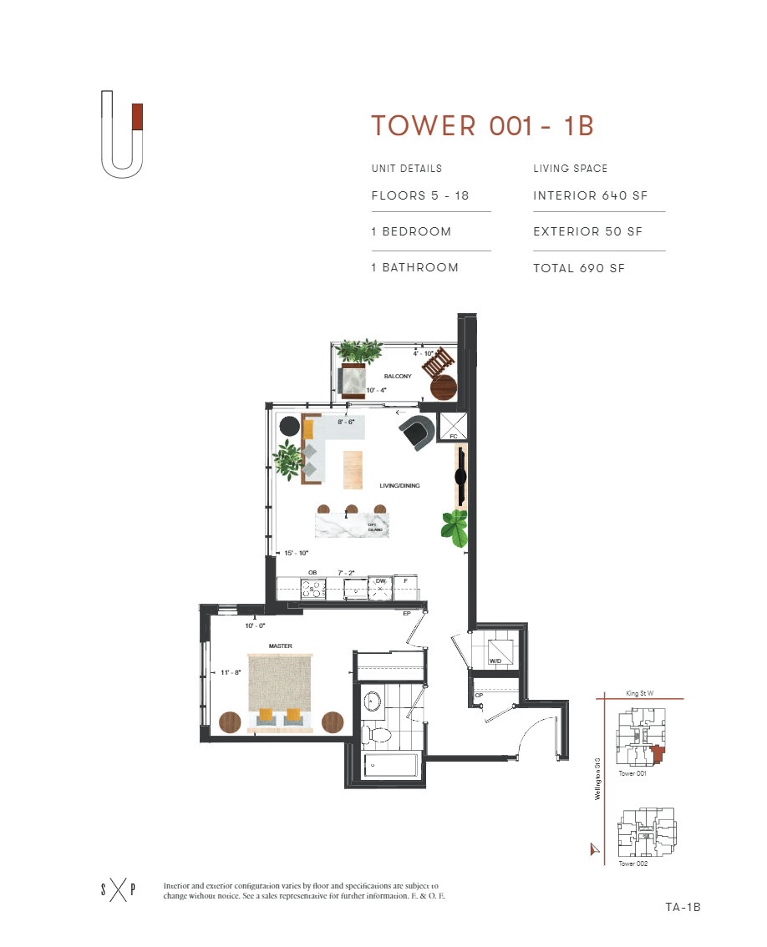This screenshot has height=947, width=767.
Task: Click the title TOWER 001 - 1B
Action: (x=482, y=125)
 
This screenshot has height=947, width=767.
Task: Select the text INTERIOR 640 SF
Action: (x=590, y=196)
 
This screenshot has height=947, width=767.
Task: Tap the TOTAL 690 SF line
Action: (x=579, y=268)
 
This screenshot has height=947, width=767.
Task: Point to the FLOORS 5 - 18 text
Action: (x=420, y=196)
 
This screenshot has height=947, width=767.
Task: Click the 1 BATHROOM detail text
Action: (x=415, y=268)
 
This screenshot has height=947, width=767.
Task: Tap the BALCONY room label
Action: (x=398, y=377)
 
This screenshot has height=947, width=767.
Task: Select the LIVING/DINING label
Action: (x=399, y=485)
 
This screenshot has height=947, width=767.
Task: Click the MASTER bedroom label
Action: (x=279, y=646)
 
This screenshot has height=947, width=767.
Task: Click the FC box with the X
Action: (x=454, y=426)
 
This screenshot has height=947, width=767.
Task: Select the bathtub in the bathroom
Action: (x=392, y=766)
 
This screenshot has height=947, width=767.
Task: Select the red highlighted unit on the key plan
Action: (x=658, y=753)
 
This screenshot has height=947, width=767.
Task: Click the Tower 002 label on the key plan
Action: (x=633, y=863)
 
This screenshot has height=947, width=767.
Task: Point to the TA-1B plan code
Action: (x=683, y=907)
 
